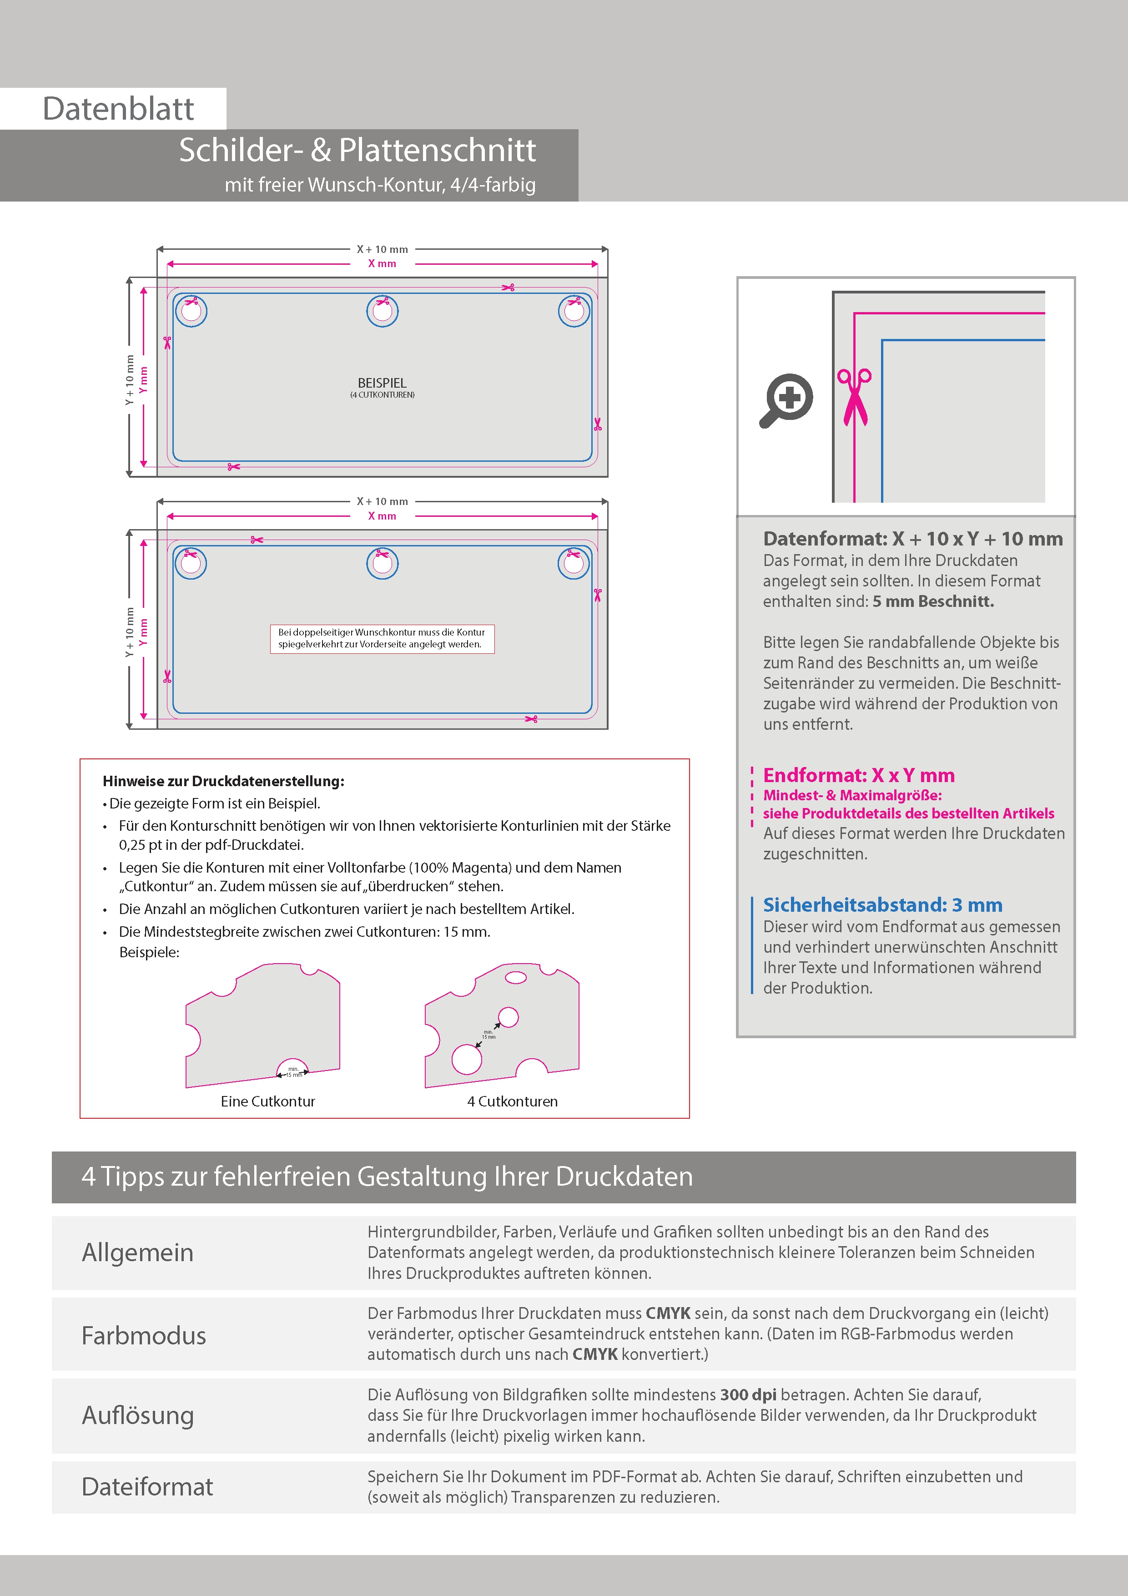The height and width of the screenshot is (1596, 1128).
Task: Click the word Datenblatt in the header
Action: (x=118, y=109)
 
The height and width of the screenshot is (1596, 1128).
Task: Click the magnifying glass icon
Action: (x=786, y=400)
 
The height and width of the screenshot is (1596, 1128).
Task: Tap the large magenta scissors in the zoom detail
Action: (x=854, y=396)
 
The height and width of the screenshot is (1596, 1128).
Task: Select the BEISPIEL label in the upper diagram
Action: (x=382, y=383)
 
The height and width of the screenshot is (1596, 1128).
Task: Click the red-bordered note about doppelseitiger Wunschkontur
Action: (x=382, y=638)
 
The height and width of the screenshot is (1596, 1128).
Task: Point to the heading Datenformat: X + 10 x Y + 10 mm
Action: (x=912, y=539)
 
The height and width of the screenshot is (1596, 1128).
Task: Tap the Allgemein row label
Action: (x=138, y=1253)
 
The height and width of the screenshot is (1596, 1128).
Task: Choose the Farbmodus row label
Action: (x=144, y=1335)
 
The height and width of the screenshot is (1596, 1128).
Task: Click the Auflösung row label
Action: (x=138, y=1415)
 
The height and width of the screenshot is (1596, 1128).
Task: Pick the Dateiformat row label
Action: (x=147, y=1487)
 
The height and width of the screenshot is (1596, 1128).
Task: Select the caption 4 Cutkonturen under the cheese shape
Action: (x=512, y=1101)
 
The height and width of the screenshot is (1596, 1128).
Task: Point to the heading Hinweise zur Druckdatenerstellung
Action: (x=223, y=781)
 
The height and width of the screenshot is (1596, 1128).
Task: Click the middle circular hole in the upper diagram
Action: (x=382, y=311)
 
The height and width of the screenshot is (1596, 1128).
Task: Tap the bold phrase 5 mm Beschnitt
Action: (x=933, y=602)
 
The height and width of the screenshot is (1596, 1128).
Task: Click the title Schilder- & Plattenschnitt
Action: (x=357, y=150)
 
